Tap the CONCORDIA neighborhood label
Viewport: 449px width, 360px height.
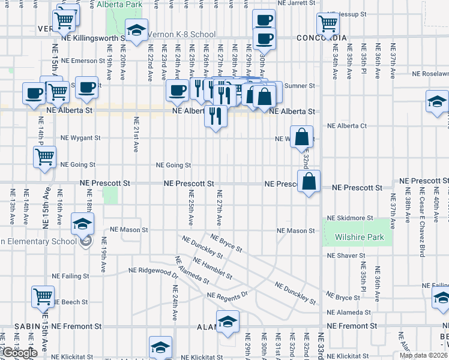[322, 38]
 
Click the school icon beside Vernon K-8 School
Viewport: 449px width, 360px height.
[137, 31]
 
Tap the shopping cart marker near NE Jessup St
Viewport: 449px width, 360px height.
[328, 24]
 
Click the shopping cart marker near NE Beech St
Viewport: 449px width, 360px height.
[43, 296]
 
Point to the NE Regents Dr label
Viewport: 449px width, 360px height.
[228, 295]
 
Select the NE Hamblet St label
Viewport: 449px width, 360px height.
[212, 268]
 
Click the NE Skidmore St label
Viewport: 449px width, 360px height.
[350, 218]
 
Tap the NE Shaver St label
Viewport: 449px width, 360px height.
[347, 256]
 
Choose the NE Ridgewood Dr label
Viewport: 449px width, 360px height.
[154, 271]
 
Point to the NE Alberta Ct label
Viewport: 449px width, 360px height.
[347, 126]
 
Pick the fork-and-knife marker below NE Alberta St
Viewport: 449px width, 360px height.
[216, 115]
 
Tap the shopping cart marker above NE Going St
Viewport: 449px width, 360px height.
[45, 157]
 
